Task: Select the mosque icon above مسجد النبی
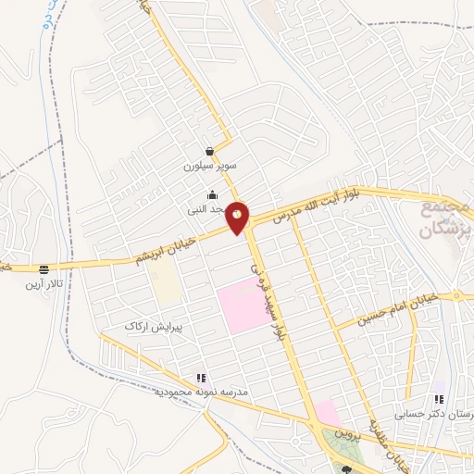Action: click(x=214, y=194)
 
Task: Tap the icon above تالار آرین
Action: click(x=44, y=268)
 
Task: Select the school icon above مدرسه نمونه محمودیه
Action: click(x=200, y=378)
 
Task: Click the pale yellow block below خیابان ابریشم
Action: click(x=168, y=288)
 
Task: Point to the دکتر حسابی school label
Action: click(x=436, y=415)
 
